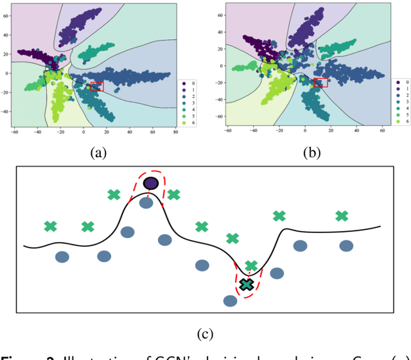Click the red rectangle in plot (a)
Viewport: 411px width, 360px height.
pos(97,87)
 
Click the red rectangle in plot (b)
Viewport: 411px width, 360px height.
pos(320,82)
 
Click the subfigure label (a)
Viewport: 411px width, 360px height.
pos(98,152)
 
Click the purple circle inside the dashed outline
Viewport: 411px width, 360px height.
pos(151,184)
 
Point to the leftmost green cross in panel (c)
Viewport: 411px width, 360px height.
pos(50,226)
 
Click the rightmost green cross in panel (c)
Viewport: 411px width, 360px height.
pos(342,216)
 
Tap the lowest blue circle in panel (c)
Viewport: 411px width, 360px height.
pos(230,300)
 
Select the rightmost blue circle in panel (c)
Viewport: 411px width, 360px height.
pos(346,245)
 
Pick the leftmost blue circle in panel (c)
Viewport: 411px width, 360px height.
pos(62,257)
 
